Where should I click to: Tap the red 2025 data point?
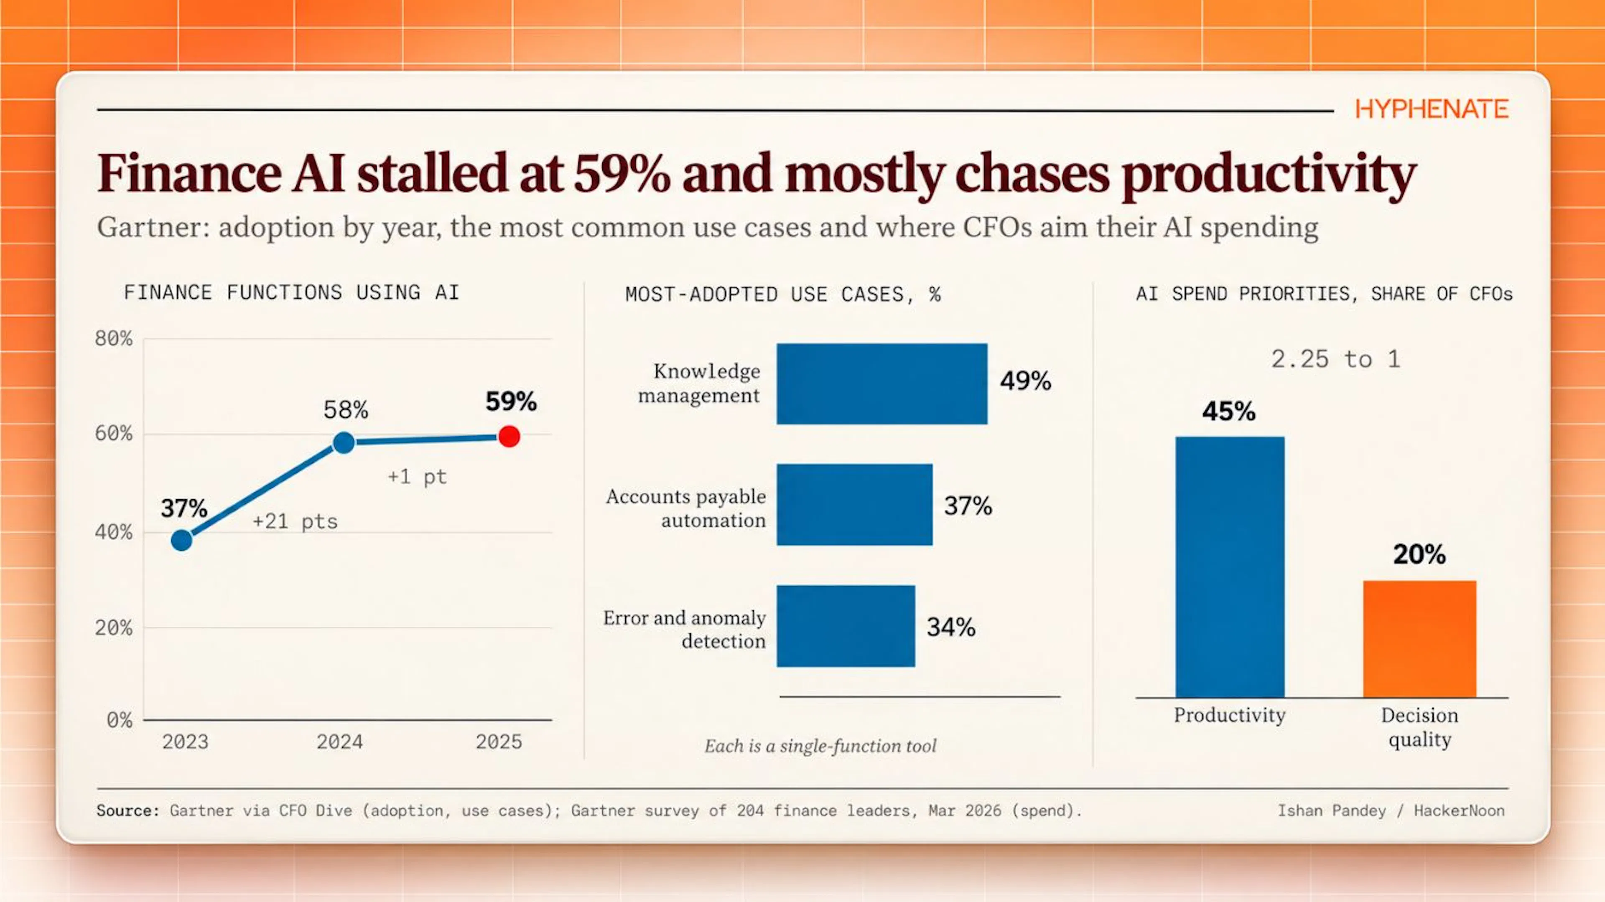[509, 437]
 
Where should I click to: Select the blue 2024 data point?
[344, 442]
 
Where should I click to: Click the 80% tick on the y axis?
[113, 339]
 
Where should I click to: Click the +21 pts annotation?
[295, 521]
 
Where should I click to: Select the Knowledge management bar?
[881, 384]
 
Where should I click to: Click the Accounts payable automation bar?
[854, 505]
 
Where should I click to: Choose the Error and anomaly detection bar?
[846, 626]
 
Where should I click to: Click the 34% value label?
[951, 627]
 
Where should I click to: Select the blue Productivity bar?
[1230, 567]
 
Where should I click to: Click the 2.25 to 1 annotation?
[1336, 359]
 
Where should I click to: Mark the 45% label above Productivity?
[1229, 411]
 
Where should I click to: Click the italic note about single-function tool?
[820, 746]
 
